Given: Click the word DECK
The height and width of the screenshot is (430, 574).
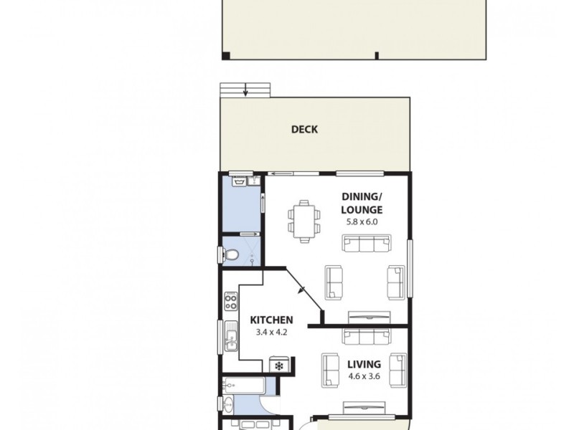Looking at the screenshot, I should click(304, 130).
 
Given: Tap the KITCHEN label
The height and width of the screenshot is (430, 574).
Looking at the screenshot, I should click(270, 320).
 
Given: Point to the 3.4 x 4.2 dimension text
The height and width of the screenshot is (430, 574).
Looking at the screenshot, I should click(270, 332).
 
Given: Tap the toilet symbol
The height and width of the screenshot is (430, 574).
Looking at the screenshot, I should click(232, 254).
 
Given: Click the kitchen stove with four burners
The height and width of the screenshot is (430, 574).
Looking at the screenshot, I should click(230, 301).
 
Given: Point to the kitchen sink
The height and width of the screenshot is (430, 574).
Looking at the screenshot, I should click(230, 337).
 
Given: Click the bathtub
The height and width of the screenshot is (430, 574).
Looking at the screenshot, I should click(245, 386).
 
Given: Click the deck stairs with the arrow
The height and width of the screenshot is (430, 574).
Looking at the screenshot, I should click(245, 90).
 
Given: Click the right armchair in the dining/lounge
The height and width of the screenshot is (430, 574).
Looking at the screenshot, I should click(396, 282).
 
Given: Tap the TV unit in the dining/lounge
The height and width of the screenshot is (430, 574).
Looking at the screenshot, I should click(369, 316).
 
